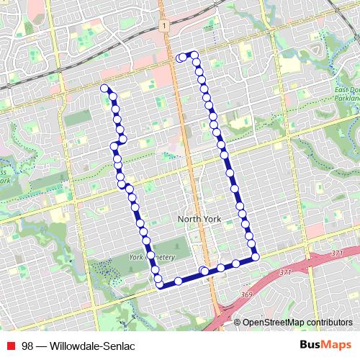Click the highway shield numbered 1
tap(165, 25)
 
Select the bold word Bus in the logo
tap(310, 345)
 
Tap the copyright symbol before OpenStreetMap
tap(238, 323)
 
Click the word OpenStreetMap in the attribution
tap(274, 323)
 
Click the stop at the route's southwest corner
tap(160, 284)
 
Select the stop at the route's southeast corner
tap(255, 256)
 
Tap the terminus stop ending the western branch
tap(105, 88)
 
